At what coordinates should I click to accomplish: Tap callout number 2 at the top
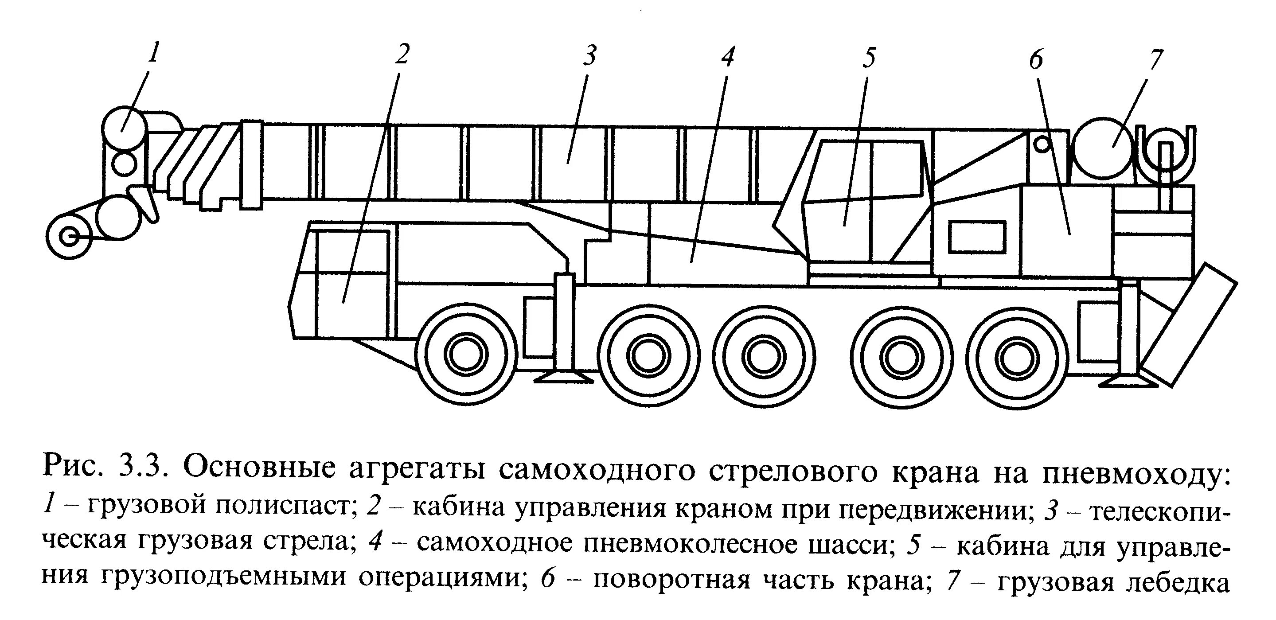[402, 55]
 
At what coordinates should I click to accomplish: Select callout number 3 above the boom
[589, 55]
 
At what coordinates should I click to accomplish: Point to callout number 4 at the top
[727, 57]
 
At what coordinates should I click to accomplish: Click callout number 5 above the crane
[869, 58]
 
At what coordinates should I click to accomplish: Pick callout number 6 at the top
[1036, 60]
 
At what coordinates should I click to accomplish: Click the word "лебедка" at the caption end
[1187, 581]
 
